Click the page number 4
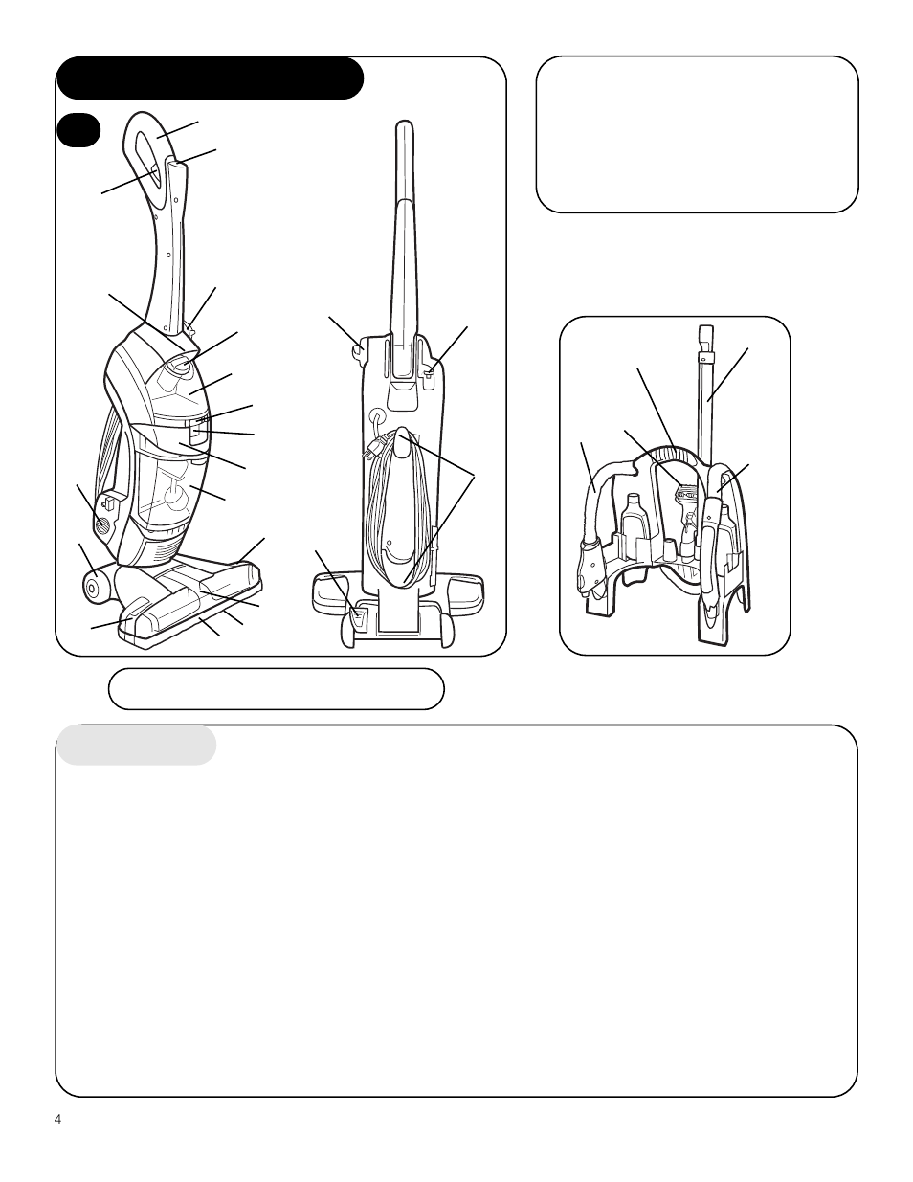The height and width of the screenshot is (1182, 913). pyautogui.click(x=58, y=1120)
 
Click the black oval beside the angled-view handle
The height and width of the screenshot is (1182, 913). pyautogui.click(x=78, y=130)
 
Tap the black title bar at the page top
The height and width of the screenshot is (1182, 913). pyautogui.click(x=211, y=78)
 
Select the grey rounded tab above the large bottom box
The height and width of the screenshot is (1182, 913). pyautogui.click(x=137, y=746)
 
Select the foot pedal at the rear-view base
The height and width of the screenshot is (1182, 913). pyautogui.click(x=357, y=617)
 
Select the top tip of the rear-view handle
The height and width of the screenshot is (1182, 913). pyautogui.click(x=406, y=126)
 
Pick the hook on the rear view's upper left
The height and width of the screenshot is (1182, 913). pyautogui.click(x=358, y=350)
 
